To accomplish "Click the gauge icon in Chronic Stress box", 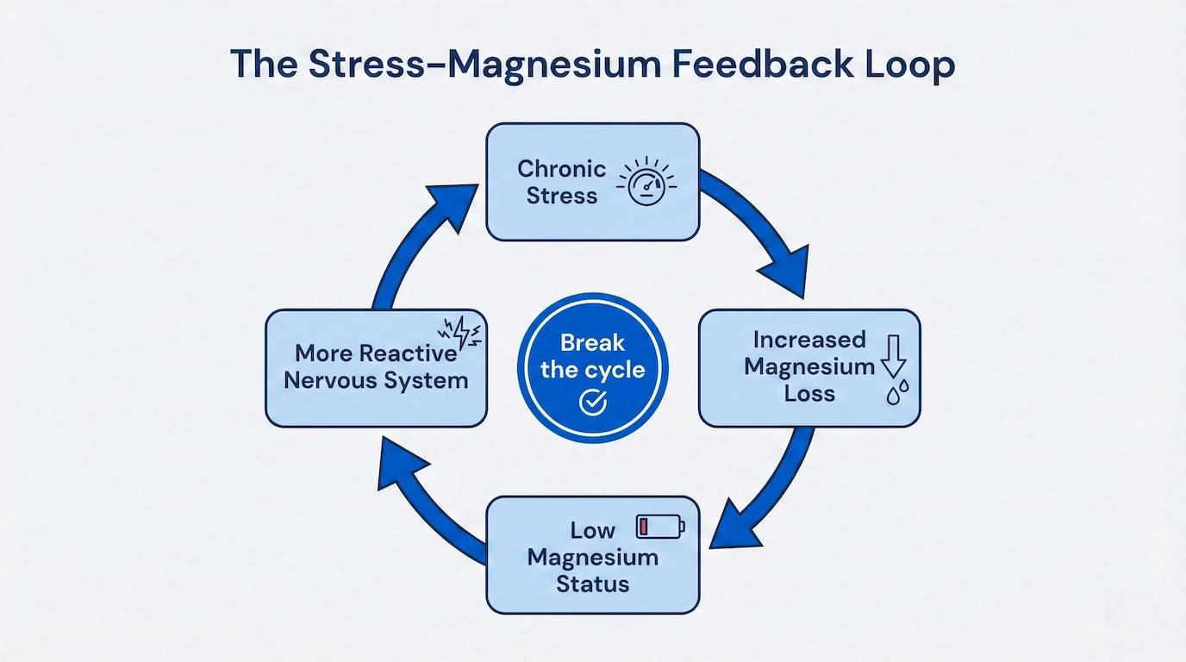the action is pyautogui.click(x=646, y=181).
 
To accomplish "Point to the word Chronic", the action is pyautogui.click(x=561, y=169).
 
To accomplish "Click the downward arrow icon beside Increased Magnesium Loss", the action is pyautogui.click(x=894, y=355).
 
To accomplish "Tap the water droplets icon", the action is pyautogui.click(x=897, y=392).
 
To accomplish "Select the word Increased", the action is pyautogui.click(x=809, y=340).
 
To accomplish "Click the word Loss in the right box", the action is pyautogui.click(x=809, y=393).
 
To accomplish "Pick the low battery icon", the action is pyautogui.click(x=661, y=527).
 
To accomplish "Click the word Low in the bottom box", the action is pyautogui.click(x=592, y=530).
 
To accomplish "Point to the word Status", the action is pyautogui.click(x=592, y=584).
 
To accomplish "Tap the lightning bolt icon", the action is pyautogui.click(x=460, y=333).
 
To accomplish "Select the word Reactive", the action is pyautogui.click(x=408, y=353).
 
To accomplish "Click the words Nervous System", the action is pyautogui.click(x=376, y=380).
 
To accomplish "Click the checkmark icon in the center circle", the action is pyautogui.click(x=592, y=402).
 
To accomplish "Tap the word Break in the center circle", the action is pyautogui.click(x=592, y=343).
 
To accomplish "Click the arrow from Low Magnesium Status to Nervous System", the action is pyautogui.click(x=423, y=509).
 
